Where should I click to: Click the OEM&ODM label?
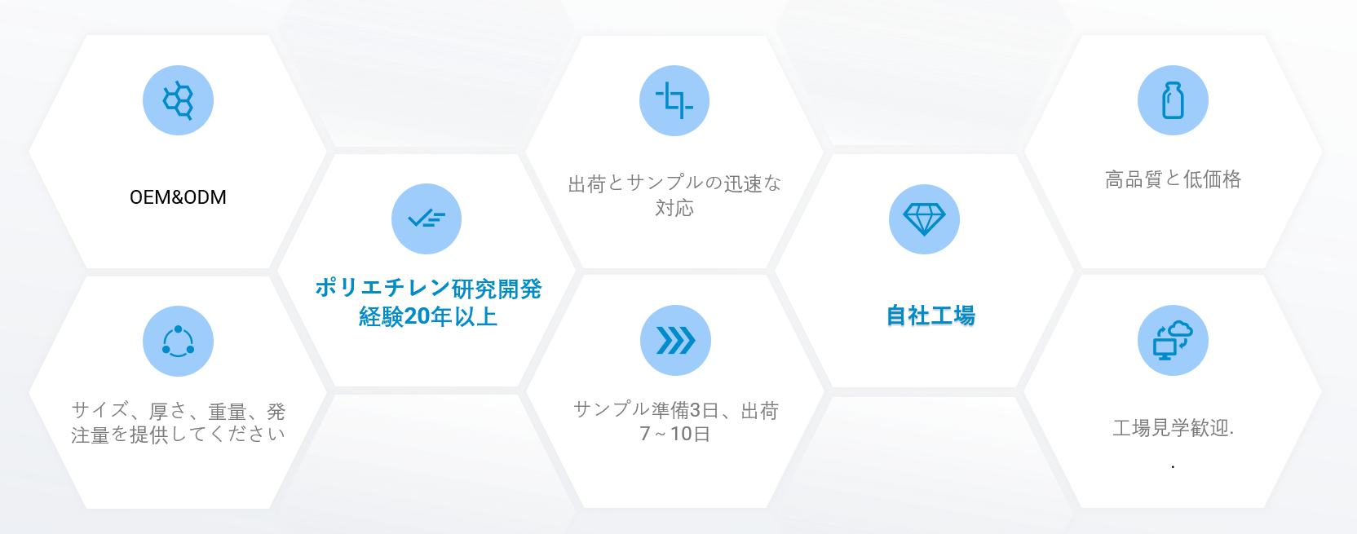[x=178, y=197]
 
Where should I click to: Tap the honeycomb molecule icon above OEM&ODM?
[x=178, y=100]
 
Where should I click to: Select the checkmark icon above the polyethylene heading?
[x=427, y=218]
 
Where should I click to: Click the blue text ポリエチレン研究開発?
[x=428, y=289]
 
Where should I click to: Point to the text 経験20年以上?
[x=428, y=316]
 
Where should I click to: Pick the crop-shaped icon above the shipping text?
[x=674, y=100]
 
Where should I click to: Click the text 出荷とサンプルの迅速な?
[x=674, y=183]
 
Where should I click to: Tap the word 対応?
[x=674, y=208]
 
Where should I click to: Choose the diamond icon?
[x=924, y=218]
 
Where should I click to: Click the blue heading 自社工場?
[x=930, y=316]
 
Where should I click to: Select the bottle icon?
[x=1173, y=100]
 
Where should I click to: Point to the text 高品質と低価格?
[x=1173, y=179]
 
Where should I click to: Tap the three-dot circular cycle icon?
[x=178, y=342]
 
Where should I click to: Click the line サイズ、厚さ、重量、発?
[x=178, y=411]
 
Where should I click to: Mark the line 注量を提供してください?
[x=178, y=435]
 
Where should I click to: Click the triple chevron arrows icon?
[x=675, y=340]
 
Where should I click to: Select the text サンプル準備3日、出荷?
[x=675, y=411]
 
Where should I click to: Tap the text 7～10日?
[x=675, y=434]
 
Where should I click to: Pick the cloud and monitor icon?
[x=1173, y=340]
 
